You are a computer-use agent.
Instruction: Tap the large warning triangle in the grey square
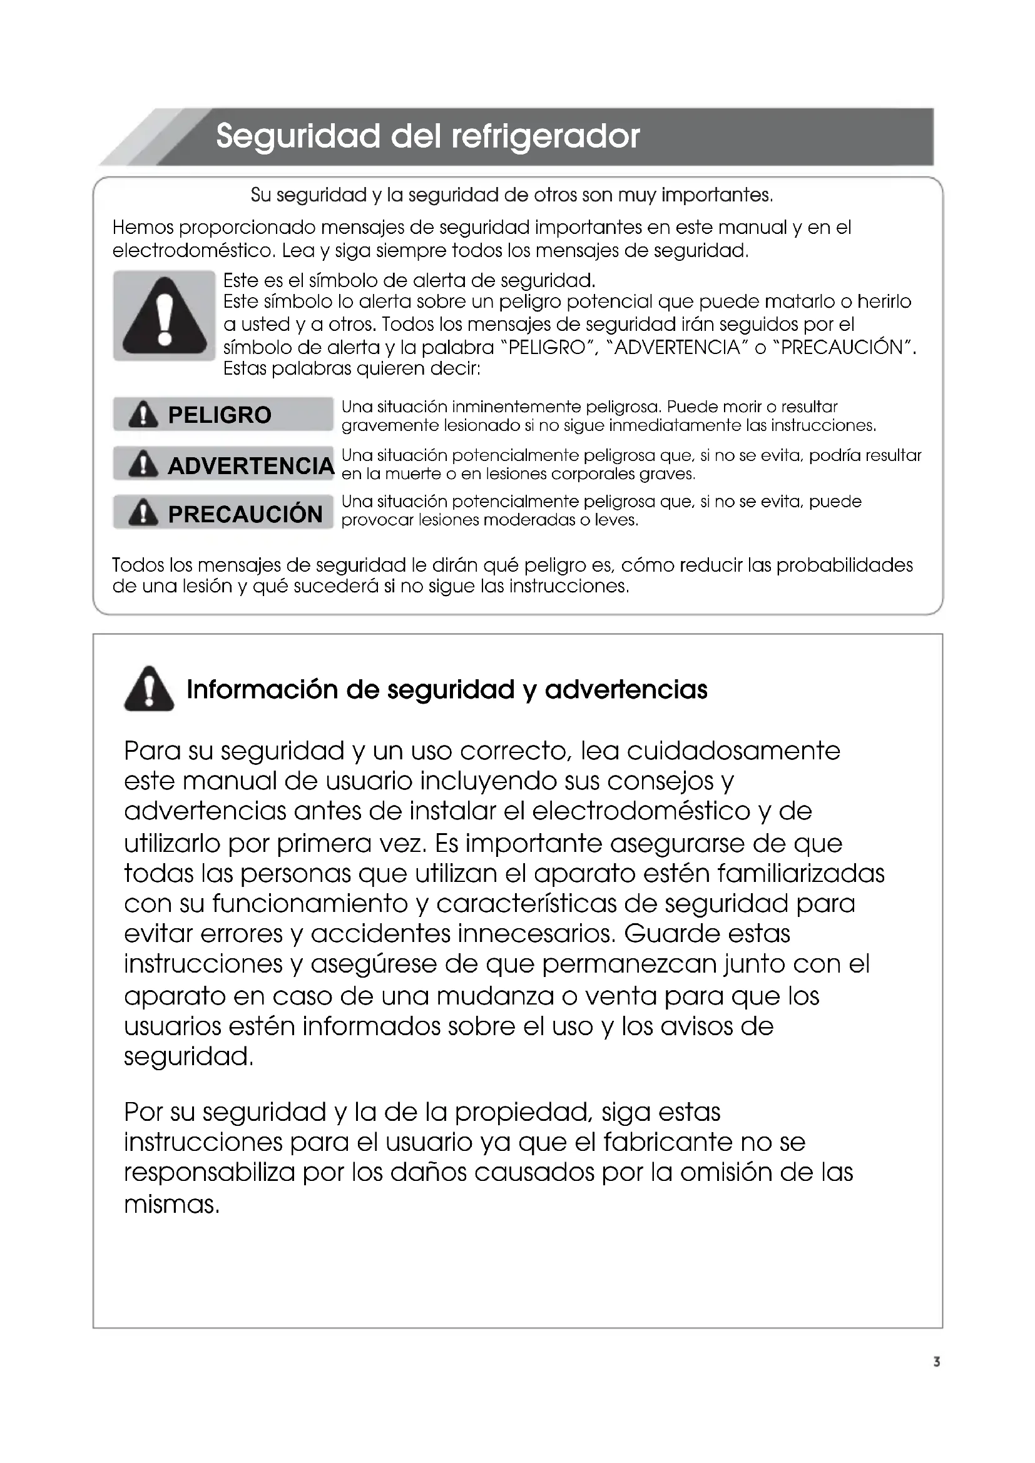165,316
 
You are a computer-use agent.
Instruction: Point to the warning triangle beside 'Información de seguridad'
149,689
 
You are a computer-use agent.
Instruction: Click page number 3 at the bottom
936,1362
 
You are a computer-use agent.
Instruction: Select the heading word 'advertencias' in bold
626,689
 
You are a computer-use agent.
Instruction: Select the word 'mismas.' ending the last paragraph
171,1204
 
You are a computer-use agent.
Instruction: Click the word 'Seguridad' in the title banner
297,136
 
